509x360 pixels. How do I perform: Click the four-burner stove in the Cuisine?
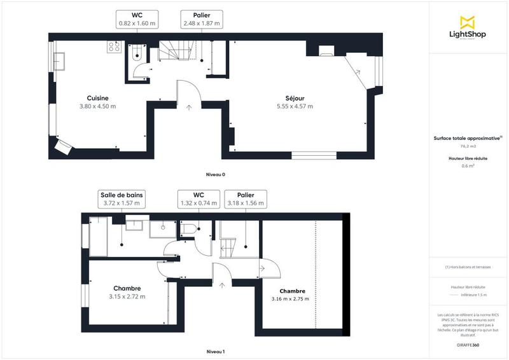[115, 46]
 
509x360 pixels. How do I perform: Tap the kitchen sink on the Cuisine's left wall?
[62, 60]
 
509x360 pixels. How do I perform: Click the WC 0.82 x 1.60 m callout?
[137, 18]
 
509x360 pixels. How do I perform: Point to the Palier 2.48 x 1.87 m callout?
[200, 18]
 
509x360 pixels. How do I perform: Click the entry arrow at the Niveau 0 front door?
[189, 107]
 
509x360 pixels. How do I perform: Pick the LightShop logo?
[468, 29]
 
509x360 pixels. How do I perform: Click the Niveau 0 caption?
[216, 174]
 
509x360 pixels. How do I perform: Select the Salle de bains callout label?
[122, 198]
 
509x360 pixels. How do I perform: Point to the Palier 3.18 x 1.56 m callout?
[246, 198]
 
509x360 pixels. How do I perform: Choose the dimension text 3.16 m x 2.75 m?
[290, 298]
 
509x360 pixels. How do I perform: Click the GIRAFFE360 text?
[468, 344]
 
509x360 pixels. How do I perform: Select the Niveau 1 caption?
[216, 351]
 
